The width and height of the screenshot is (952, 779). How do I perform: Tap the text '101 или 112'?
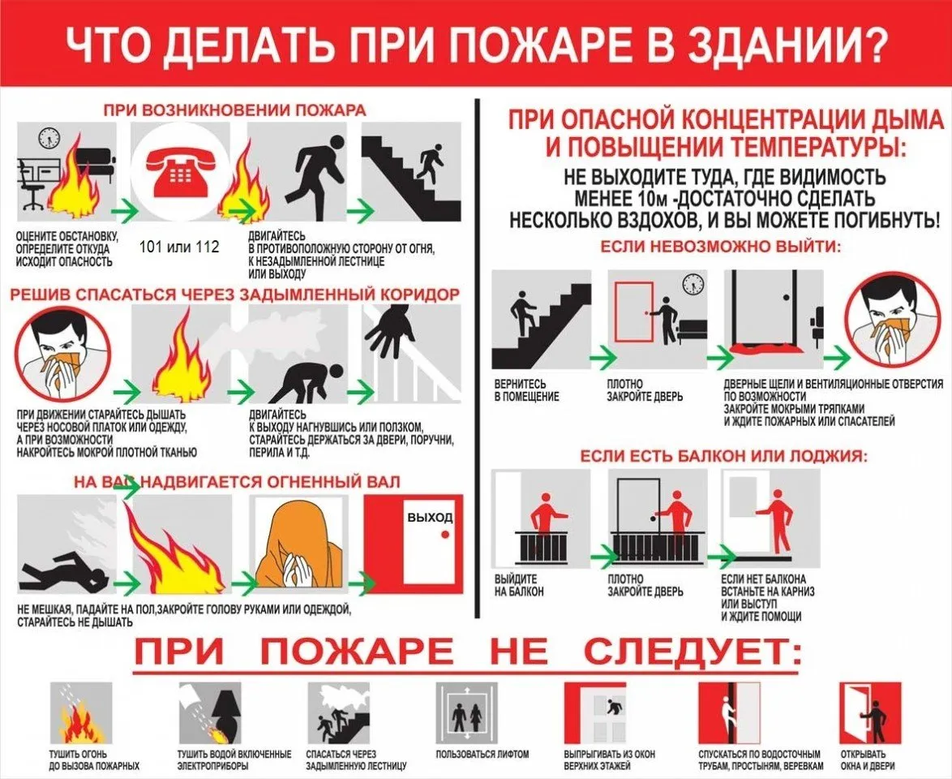tap(179, 247)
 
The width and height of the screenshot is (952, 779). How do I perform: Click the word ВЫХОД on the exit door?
tap(430, 517)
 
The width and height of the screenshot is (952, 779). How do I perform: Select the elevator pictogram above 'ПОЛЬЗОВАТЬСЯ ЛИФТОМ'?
tap(468, 717)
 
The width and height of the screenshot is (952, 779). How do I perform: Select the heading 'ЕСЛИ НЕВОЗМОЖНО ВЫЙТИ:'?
tap(720, 246)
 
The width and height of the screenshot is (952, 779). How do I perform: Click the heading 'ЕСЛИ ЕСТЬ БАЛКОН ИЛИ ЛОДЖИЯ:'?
tap(723, 457)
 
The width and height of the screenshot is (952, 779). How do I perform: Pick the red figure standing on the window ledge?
tap(778, 519)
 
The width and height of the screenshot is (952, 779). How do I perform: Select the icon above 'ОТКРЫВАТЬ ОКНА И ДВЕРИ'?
tap(870, 714)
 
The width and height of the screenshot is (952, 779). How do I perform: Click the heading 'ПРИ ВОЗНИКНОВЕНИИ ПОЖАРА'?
tap(234, 110)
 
